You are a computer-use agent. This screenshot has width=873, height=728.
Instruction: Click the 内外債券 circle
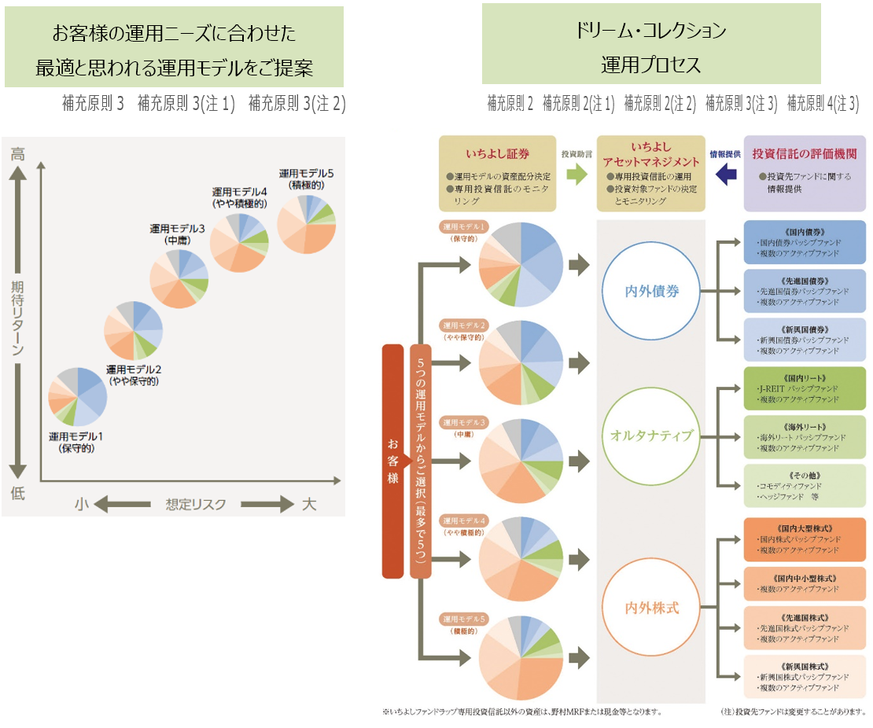tap(651, 291)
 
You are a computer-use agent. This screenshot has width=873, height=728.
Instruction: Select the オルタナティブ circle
tap(651, 435)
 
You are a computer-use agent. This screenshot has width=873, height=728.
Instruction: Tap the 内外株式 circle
tap(651, 607)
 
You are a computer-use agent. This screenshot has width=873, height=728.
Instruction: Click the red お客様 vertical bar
tap(392, 461)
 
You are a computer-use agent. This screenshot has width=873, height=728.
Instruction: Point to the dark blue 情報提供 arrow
tap(725, 174)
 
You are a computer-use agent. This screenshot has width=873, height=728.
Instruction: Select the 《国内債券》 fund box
tap(805, 242)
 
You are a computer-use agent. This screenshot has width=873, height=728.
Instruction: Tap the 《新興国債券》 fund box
tap(805, 339)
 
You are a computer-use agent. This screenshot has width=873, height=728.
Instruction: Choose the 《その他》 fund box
tap(805, 485)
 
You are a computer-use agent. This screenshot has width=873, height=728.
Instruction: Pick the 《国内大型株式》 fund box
tap(805, 539)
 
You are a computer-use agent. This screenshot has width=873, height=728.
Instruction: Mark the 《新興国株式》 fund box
tap(805, 676)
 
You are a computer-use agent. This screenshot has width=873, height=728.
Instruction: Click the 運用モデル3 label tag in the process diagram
tap(464, 421)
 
